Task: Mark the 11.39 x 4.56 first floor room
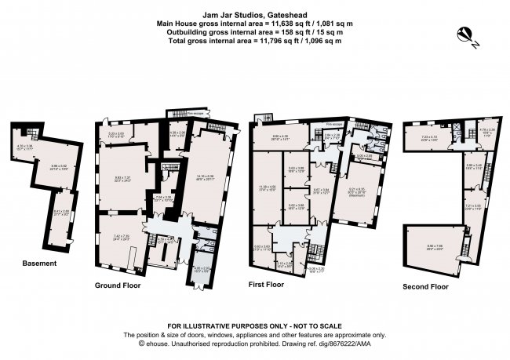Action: pos(268,188)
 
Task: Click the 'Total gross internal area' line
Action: pos(255,39)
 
